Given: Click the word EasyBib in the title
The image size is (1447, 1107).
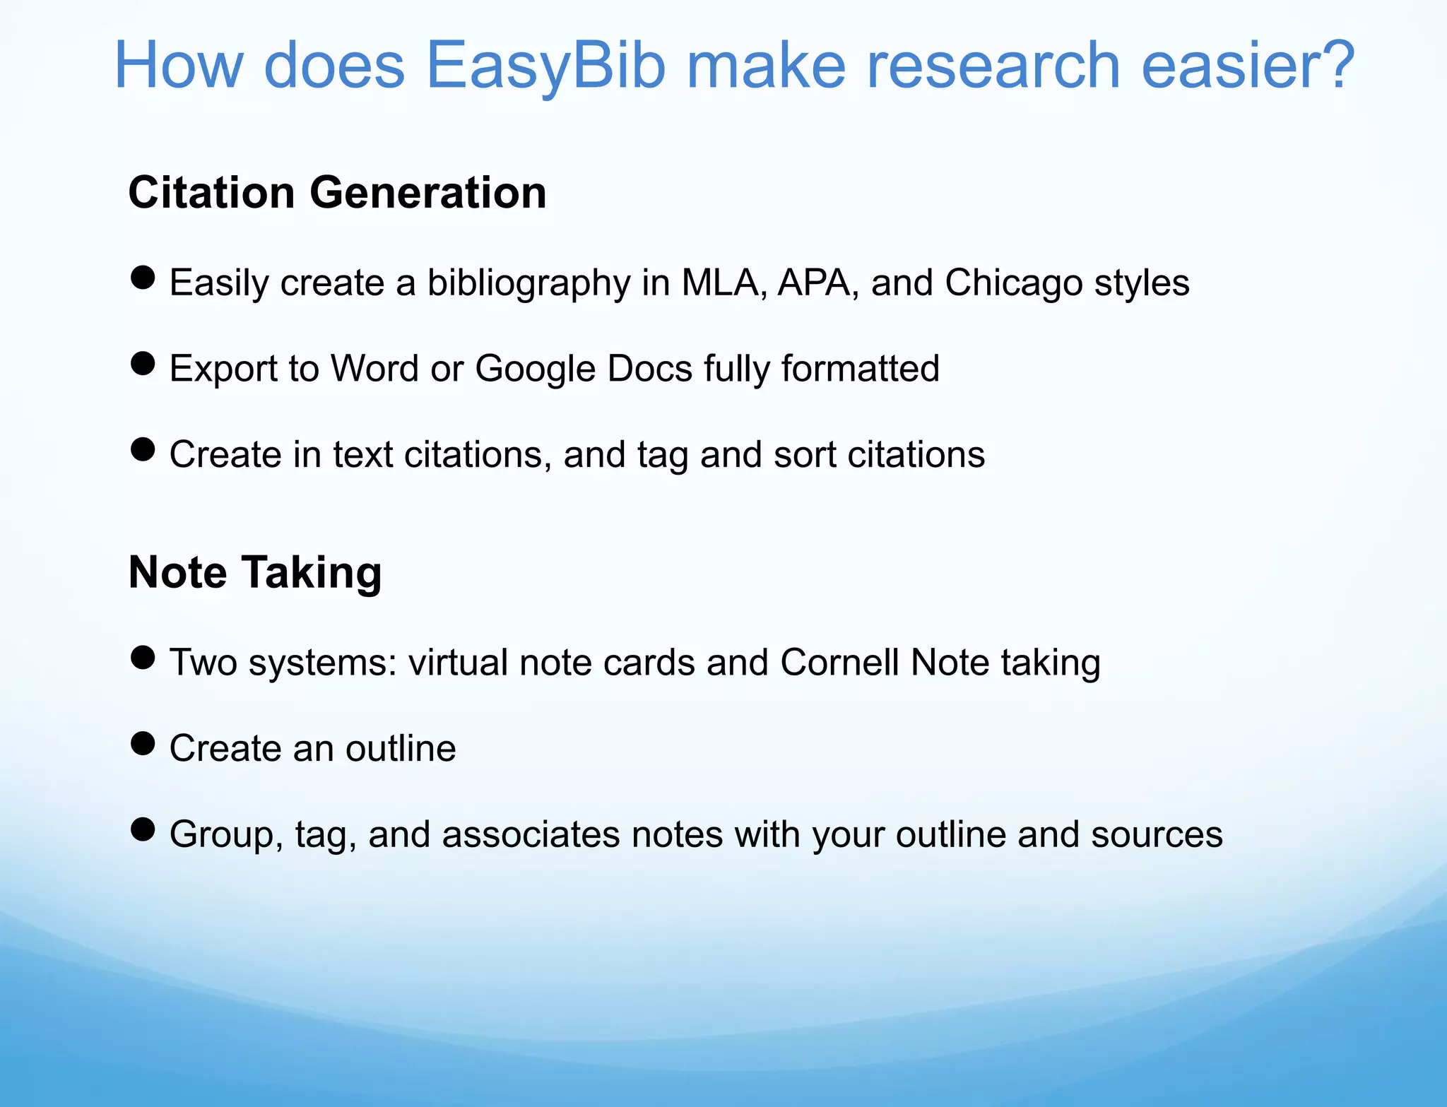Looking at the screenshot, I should (x=545, y=66).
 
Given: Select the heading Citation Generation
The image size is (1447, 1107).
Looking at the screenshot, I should (x=337, y=192).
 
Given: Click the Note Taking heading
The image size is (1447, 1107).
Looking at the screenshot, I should (x=255, y=572).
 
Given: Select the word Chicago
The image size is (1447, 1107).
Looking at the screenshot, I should (x=1013, y=283).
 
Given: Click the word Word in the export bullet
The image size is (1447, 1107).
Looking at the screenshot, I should (x=374, y=369).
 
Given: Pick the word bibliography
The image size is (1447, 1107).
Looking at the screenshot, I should (x=528, y=284).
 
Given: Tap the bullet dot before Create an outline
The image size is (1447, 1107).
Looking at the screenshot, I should (x=143, y=743).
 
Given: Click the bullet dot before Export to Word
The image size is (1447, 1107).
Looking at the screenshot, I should (x=143, y=364).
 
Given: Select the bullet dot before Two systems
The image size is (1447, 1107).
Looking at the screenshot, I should (x=143, y=658).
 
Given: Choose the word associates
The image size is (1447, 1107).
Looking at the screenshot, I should (x=530, y=834).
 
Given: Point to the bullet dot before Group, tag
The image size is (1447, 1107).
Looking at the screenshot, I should (x=143, y=829).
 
